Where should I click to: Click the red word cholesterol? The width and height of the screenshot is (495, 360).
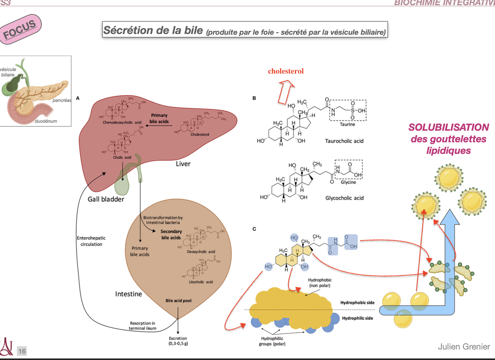pyautogui.click(x=286, y=71)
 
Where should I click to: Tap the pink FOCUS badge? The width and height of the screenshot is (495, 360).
pyautogui.click(x=20, y=30)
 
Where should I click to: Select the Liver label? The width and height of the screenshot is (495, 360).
pyautogui.click(x=183, y=164)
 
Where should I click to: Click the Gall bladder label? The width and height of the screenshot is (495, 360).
pyautogui.click(x=106, y=199)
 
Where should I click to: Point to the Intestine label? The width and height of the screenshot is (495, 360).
pyautogui.click(x=128, y=294)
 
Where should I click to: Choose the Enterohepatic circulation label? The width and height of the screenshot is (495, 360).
pyautogui.click(x=91, y=241)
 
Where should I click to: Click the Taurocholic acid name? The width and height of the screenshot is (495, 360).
pyautogui.click(x=344, y=141)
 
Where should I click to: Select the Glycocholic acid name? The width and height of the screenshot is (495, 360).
pyautogui.click(x=344, y=198)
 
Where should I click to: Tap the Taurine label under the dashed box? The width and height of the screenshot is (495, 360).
pyautogui.click(x=347, y=124)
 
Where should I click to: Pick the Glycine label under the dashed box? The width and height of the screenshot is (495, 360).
pyautogui.click(x=348, y=182)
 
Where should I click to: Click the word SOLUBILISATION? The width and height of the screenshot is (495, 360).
pyautogui.click(x=448, y=127)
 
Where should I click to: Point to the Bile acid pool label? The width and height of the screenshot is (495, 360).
pyautogui.click(x=178, y=301)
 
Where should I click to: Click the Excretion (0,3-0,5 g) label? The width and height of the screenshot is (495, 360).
pyautogui.click(x=178, y=341)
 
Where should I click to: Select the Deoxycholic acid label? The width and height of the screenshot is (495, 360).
pyautogui.click(x=201, y=252)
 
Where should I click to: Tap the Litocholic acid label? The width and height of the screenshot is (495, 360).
pyautogui.click(x=200, y=282)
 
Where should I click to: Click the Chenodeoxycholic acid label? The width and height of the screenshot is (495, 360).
pyautogui.click(x=122, y=122)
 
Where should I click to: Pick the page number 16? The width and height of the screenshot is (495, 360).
pyautogui.click(x=22, y=351)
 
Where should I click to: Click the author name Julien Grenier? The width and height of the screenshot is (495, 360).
pyautogui.click(x=464, y=347)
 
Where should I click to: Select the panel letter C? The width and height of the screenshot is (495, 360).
pyautogui.click(x=254, y=229)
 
